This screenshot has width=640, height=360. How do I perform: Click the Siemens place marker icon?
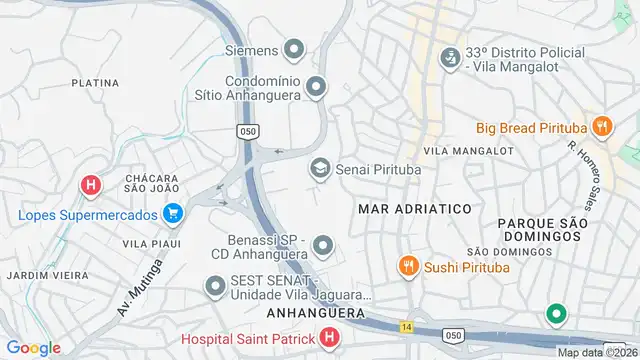pyautogui.click(x=294, y=48)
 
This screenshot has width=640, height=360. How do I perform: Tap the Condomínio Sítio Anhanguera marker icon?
pyautogui.click(x=316, y=88)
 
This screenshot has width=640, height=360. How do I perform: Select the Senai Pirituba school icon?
pyautogui.click(x=320, y=169)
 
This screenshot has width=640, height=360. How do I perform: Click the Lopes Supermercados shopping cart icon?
pyautogui.click(x=173, y=214)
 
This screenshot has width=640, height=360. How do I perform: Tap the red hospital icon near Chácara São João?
pyautogui.click(x=91, y=185)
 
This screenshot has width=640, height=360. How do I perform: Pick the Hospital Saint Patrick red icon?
pyautogui.click(x=330, y=340)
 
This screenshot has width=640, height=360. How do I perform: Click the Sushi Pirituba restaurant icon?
pyautogui.click(x=407, y=267)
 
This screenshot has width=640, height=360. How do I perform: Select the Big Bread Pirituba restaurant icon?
pyautogui.click(x=601, y=127)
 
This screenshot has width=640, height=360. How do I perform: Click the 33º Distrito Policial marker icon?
pyautogui.click(x=450, y=59)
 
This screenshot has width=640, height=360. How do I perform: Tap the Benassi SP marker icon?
pyautogui.click(x=322, y=245)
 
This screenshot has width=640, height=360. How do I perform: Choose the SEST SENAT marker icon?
pyautogui.click(x=214, y=288)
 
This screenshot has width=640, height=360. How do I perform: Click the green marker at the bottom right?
pyautogui.click(x=556, y=315)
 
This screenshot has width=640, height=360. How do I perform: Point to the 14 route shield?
pyautogui.click(x=407, y=327)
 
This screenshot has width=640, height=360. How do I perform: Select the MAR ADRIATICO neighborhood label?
pyautogui.click(x=414, y=209)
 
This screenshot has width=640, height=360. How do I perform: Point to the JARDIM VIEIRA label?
pyautogui.click(x=42, y=274)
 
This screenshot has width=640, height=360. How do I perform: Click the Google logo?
pyautogui.click(x=33, y=347)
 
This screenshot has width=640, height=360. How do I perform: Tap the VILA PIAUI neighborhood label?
pyautogui.click(x=150, y=243)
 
